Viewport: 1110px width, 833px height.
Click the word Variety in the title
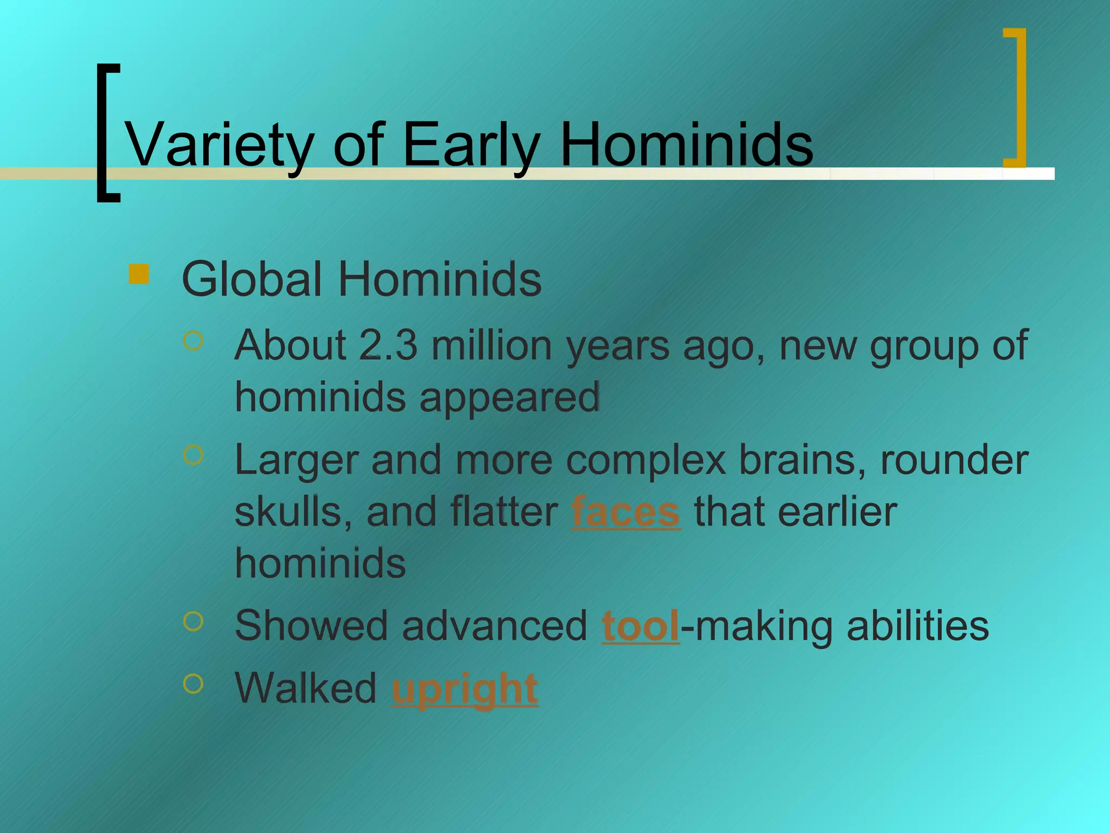click(x=219, y=145)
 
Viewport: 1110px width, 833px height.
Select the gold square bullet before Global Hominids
click(x=139, y=274)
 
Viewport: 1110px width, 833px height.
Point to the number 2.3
click(x=388, y=345)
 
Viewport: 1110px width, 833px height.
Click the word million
click(x=491, y=345)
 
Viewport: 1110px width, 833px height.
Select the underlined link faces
click(x=625, y=512)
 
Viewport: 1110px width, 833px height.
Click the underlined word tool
click(x=640, y=626)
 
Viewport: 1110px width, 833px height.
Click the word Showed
click(x=311, y=626)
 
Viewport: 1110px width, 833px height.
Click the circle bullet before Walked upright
click(x=193, y=684)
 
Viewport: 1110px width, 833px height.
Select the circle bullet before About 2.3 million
click(x=193, y=341)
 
